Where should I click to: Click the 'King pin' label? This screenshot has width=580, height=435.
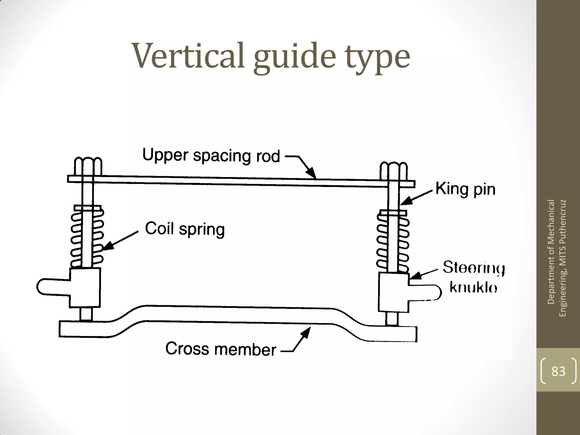coord(465,189)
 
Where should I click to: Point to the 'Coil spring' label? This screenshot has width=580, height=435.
coord(185,229)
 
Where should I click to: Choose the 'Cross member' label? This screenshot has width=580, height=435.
coord(221,349)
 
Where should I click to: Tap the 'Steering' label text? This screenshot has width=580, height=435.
coord(474,267)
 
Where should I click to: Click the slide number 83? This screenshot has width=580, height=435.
coord(558,371)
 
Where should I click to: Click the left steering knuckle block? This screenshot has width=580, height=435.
coord(85,287)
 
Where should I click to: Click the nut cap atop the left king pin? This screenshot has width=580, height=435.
coord(88,166)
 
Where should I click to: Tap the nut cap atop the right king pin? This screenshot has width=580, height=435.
coord(393,171)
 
